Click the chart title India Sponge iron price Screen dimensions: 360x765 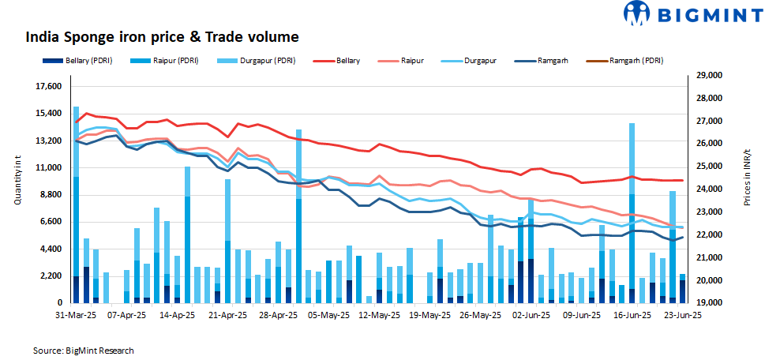tap(162, 37)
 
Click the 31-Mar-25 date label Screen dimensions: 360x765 tap(75, 314)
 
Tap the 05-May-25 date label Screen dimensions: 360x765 tap(328, 314)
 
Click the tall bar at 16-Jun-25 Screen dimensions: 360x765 tap(632, 212)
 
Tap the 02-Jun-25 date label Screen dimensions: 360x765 tap(531, 314)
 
